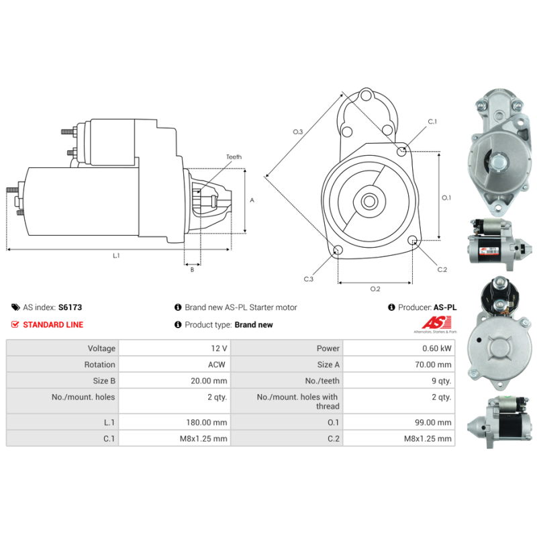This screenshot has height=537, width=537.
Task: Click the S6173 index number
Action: (70, 307)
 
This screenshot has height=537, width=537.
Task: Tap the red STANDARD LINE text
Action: (53, 325)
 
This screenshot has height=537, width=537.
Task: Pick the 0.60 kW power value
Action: (437, 348)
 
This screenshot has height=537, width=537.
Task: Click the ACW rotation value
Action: (217, 364)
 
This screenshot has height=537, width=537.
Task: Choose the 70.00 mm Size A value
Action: (433, 364)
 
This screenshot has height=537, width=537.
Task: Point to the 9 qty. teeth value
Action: (442, 381)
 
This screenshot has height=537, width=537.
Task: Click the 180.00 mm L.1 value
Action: (207, 422)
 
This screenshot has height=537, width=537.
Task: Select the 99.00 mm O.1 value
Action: (433, 422)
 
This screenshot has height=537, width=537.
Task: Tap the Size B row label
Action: (104, 381)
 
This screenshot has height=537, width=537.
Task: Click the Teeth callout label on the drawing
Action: (234, 157)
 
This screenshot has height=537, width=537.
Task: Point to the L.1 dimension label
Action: (116, 256)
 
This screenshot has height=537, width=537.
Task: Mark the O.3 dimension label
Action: (297, 132)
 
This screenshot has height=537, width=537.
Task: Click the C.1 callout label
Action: (432, 121)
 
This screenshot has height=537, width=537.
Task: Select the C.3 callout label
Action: (309, 279)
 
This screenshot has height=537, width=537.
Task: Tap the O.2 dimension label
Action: (375, 289)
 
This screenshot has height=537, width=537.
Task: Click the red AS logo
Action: (436, 323)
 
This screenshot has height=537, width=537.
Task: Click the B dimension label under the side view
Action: (192, 270)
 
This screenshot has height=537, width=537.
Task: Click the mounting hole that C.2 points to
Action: (413, 240)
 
